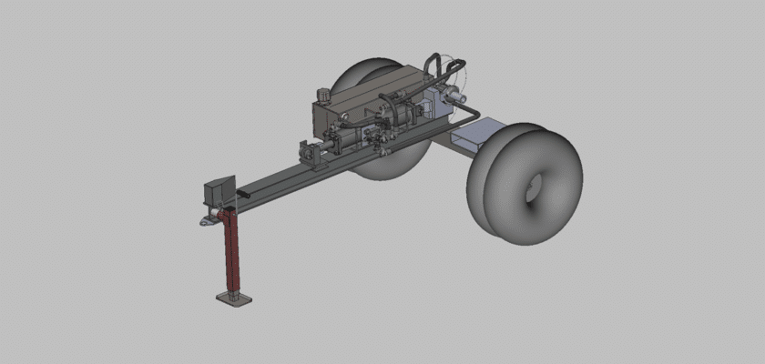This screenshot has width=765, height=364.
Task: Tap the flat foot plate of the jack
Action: (x=234, y=298)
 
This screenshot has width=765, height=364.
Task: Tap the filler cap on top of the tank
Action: (x=321, y=93)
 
